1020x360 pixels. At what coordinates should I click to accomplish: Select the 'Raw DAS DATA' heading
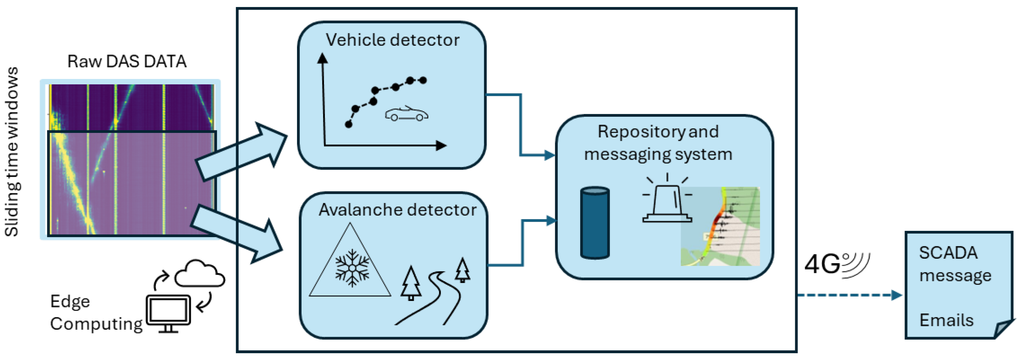(x=127, y=61)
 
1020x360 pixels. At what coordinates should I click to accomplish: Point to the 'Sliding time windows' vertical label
(x=12, y=152)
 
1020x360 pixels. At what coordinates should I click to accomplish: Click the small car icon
(x=406, y=114)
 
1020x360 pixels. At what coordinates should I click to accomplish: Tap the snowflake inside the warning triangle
(x=352, y=267)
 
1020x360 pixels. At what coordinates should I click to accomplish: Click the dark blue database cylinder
(x=595, y=223)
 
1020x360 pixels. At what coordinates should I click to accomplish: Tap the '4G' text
(x=822, y=264)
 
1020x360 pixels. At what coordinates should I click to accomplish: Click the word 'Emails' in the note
(x=946, y=320)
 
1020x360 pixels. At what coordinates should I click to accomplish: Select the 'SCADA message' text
(x=954, y=264)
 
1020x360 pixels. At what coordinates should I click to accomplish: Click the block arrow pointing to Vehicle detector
(x=241, y=153)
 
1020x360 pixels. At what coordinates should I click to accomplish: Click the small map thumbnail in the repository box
(x=720, y=227)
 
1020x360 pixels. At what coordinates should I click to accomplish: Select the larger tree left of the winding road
(x=411, y=283)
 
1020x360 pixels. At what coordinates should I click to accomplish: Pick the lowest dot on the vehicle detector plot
(x=348, y=124)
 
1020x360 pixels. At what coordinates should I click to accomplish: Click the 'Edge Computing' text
(x=95, y=313)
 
